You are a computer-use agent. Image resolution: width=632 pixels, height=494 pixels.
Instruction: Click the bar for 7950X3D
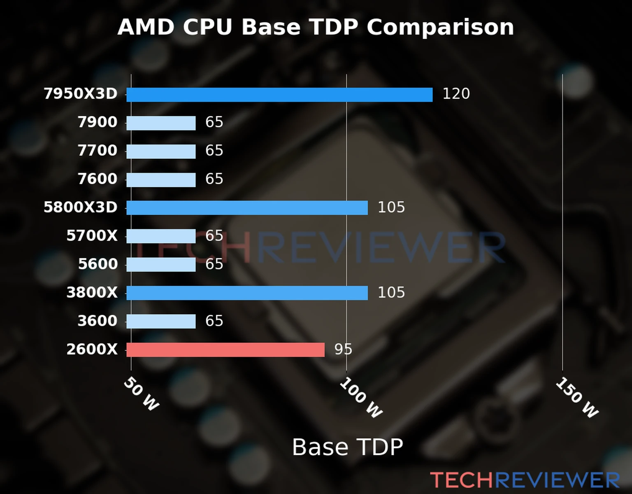pos(279,95)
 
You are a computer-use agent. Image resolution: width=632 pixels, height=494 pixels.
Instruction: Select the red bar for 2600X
pos(225,350)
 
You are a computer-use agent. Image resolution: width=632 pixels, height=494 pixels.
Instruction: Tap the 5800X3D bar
pos(247,208)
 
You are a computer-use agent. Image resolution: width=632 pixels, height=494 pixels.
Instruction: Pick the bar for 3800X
pos(247,293)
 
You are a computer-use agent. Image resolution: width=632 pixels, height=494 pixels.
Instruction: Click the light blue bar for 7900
pos(161,123)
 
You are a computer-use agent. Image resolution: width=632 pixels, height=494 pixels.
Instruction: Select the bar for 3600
pos(161,322)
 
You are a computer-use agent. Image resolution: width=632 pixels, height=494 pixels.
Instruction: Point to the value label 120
pos(456,94)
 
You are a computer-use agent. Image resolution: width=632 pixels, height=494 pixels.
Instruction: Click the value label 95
pos(343,350)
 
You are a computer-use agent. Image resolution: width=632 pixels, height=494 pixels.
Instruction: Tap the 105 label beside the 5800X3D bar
pos(391,207)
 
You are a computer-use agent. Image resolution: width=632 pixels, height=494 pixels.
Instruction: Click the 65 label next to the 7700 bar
pos(214,151)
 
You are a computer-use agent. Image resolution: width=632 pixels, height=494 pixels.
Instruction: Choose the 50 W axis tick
pos(141,394)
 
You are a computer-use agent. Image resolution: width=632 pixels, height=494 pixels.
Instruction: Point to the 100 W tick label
pos(361,398)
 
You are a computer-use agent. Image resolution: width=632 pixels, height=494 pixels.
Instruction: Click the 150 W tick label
pos(577,398)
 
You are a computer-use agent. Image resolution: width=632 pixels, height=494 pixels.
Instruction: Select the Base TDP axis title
pos(347,447)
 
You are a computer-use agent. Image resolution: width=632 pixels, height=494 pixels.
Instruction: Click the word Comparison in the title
pos(440,28)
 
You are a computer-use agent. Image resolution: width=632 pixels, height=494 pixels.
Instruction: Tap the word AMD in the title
pos(146,28)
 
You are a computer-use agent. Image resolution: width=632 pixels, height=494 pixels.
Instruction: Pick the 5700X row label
pos(92,236)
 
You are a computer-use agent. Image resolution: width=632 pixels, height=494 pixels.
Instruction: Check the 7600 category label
pos(98,179)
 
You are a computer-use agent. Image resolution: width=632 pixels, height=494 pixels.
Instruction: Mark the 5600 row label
pos(98,264)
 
